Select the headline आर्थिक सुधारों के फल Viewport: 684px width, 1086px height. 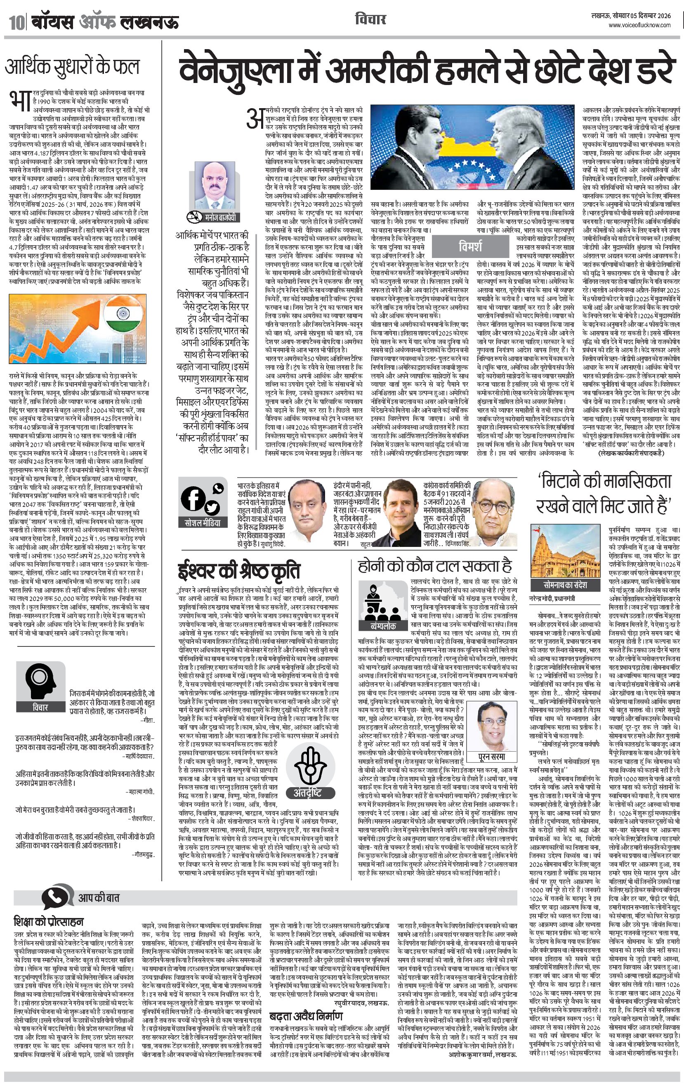click(x=73, y=67)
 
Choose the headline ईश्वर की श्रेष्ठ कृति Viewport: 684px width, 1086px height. click(x=239, y=571)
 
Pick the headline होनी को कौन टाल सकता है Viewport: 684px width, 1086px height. click(x=435, y=566)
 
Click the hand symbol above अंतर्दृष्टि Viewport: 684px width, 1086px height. click(x=309, y=765)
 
